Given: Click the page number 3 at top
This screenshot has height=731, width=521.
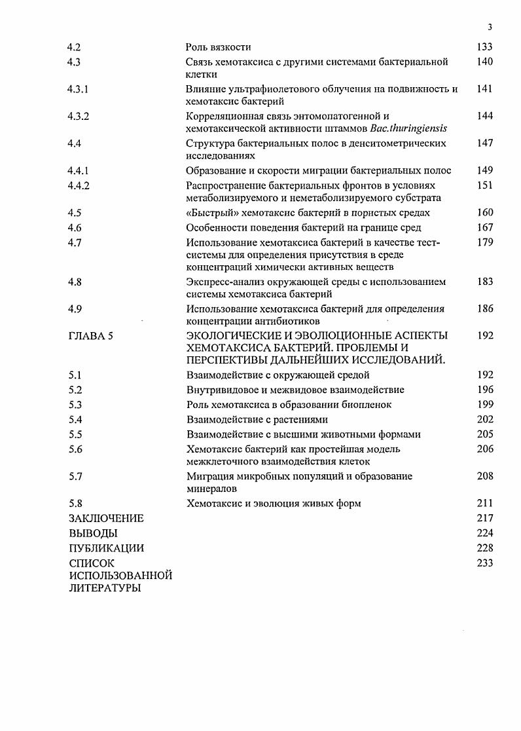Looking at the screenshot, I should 490,27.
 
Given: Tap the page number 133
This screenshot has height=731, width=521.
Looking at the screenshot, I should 485,47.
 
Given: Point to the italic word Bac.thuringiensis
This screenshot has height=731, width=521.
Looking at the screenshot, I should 407,128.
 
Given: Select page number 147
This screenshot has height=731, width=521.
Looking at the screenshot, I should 485,143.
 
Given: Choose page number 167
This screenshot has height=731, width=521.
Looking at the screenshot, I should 485,227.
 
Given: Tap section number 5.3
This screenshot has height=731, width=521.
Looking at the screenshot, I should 74,405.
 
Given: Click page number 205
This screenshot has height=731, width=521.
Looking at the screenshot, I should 485,434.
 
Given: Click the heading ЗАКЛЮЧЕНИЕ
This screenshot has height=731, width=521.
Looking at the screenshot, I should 105,518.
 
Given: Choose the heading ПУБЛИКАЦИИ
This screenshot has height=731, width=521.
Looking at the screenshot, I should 105,548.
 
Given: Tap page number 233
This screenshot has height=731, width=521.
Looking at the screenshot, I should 485,563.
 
